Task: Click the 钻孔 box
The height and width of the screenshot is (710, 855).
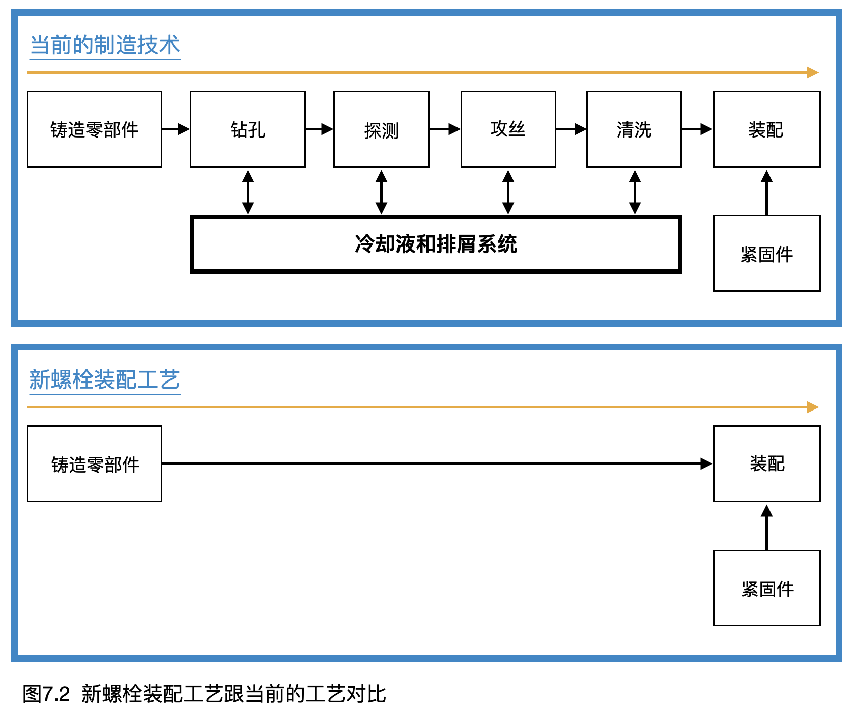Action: pos(247,129)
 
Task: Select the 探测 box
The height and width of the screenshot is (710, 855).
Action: pos(381,129)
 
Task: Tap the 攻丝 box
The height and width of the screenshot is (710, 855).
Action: pos(508,129)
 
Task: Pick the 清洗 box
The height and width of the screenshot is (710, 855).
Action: pos(634,129)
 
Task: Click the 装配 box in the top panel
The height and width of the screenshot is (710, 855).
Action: pos(766,129)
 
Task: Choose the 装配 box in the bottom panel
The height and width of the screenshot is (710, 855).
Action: pos(766,463)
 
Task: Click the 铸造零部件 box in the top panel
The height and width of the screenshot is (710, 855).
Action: pos(95,129)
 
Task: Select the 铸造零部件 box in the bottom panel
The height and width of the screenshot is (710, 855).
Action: pos(95,464)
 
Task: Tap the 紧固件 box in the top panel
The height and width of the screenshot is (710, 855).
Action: pos(766,254)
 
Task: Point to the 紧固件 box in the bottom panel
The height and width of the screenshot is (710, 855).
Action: pos(766,588)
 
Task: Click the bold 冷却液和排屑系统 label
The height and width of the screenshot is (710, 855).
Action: pos(436,244)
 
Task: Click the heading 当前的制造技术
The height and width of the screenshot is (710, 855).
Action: pos(105,45)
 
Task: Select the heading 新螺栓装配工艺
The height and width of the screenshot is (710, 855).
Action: pos(105,380)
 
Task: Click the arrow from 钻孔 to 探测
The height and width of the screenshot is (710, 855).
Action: pos(319,129)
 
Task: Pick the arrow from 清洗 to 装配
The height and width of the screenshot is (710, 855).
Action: pos(697,129)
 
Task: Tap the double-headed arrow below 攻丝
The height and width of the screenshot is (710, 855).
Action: pos(508,192)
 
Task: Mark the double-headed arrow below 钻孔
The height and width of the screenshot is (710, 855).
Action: pos(248,192)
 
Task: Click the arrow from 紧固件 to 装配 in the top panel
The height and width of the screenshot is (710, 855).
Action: pos(766,193)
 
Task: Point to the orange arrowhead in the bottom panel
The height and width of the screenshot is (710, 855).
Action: pos(812,407)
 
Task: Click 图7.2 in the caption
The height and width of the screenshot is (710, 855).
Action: pos(46,694)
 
